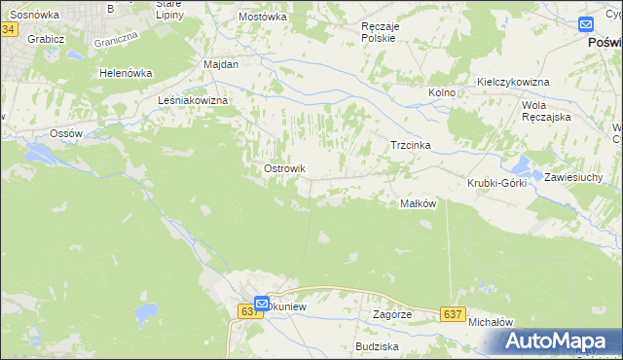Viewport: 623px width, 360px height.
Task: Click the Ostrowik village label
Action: point(285,168)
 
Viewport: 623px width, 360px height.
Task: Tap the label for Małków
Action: point(418,203)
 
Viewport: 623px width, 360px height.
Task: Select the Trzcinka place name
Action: point(410,145)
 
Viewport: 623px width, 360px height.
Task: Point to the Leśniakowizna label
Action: point(193,100)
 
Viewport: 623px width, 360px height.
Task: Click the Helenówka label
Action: point(127,73)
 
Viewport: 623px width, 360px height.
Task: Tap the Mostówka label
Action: point(263,17)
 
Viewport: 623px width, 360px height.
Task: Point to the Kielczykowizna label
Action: point(513,82)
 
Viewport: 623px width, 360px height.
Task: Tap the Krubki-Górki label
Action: point(496,183)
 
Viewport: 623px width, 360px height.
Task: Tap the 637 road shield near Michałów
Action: point(452,313)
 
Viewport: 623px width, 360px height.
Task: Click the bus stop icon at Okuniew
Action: point(262,303)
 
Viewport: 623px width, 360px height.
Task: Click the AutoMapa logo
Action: point(558,341)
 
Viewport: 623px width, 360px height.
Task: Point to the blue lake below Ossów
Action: point(43,154)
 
